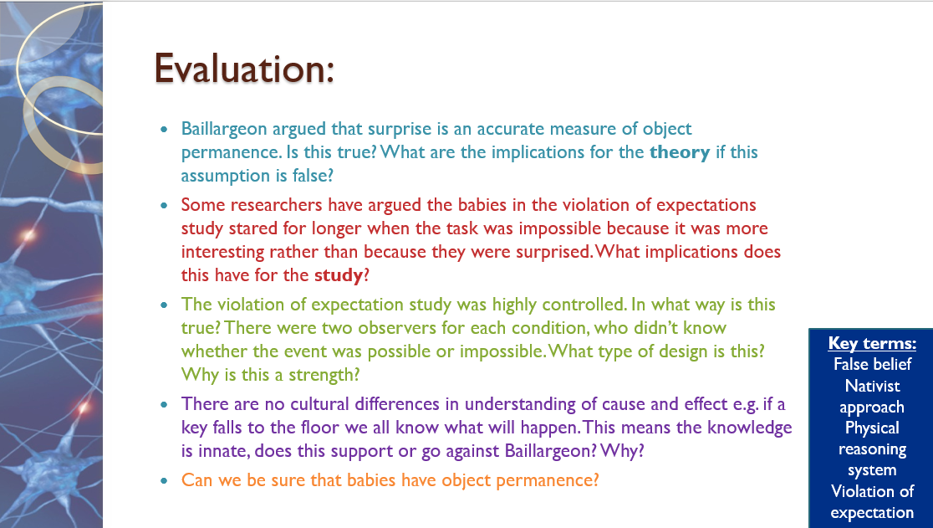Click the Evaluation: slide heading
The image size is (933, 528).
pos(244,69)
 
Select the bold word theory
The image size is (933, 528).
pos(680,152)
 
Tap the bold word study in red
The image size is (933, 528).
pos(339,275)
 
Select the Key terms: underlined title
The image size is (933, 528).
pos(872,343)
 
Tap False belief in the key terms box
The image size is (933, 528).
pos(872,364)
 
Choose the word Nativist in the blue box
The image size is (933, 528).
pos(872,386)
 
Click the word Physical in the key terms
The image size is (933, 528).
pos(872,428)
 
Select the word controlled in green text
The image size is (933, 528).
pos(584,305)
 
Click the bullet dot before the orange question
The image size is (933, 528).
pos(164,480)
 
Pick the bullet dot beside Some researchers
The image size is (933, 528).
pos(164,205)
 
